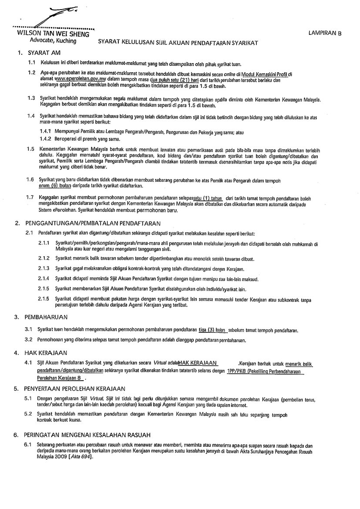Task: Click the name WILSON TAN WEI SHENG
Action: coord(53,34)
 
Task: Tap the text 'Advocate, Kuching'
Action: coord(53,41)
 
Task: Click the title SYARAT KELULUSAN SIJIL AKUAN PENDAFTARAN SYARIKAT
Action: coord(178,43)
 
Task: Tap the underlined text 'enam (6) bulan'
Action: coord(54,186)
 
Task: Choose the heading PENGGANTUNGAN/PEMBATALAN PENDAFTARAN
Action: coord(88,224)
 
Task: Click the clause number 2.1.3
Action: coord(44,268)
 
